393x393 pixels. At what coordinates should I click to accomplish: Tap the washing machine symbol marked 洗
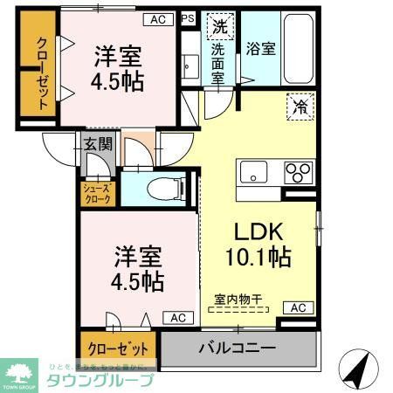click(218, 27)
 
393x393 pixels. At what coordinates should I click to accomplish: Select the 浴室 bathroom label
click(260, 49)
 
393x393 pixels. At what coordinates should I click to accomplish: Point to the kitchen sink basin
click(252, 173)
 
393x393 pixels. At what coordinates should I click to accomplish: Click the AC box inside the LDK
click(297, 307)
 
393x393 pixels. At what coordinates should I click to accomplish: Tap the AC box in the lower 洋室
click(177, 318)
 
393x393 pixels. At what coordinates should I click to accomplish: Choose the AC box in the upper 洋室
click(157, 18)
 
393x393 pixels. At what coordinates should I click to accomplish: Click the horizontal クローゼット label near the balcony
click(118, 348)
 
